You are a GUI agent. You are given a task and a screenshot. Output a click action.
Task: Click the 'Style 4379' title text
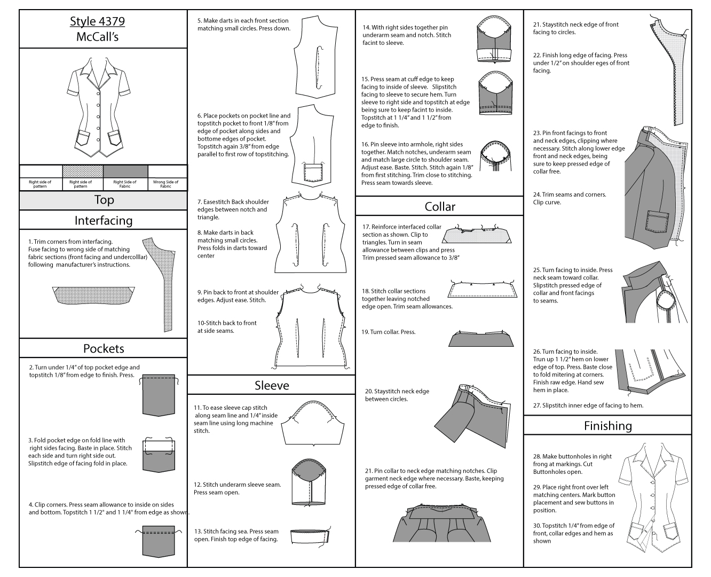(x=97, y=21)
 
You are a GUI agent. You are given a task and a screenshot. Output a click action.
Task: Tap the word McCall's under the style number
(x=97, y=37)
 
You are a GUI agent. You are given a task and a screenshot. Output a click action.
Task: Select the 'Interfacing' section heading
(x=104, y=221)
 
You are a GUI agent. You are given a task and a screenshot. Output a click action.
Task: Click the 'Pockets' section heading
(x=104, y=349)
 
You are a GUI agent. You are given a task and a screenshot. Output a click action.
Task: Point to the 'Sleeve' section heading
(x=272, y=386)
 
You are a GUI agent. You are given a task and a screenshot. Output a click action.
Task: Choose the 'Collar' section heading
(x=440, y=207)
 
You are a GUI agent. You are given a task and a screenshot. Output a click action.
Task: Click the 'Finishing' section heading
(x=607, y=426)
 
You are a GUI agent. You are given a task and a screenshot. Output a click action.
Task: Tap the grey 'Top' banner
(x=104, y=200)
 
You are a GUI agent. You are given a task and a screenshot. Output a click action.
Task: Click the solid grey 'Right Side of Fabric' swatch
(x=125, y=171)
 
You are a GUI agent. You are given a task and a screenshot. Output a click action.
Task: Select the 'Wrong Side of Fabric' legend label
(x=166, y=184)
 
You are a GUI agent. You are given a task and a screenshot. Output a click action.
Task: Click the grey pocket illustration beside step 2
(x=159, y=395)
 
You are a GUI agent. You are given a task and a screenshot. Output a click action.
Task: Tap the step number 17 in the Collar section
(x=366, y=227)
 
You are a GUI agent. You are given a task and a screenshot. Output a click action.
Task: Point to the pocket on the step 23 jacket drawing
(x=657, y=220)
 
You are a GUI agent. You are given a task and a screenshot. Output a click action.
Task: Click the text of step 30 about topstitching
(x=573, y=533)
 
